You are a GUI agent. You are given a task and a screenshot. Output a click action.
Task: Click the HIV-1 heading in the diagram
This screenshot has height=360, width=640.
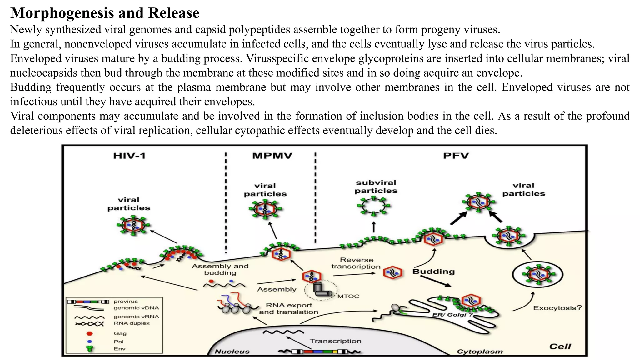pyautogui.click(x=129, y=156)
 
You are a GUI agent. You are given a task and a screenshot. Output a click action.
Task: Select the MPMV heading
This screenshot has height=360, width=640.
pyautogui.click(x=272, y=156)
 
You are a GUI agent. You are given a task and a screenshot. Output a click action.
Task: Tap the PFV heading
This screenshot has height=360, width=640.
pyautogui.click(x=456, y=156)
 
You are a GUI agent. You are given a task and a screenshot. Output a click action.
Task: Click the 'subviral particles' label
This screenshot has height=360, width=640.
pyautogui.click(x=376, y=187)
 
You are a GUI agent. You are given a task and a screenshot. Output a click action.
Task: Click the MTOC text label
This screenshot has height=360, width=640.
pyautogui.click(x=348, y=296)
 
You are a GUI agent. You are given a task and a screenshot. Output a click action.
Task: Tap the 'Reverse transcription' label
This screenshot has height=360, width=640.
pyautogui.click(x=356, y=263)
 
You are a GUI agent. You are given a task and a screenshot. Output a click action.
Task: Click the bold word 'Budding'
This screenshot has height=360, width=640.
pyautogui.click(x=433, y=272)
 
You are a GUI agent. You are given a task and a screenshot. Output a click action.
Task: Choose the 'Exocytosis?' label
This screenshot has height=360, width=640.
pyautogui.click(x=557, y=308)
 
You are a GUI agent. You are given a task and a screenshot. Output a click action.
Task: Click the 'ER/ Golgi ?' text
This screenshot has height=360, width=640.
pyautogui.click(x=452, y=315)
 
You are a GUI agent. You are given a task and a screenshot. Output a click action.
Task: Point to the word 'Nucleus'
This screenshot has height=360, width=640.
pyautogui.click(x=232, y=352)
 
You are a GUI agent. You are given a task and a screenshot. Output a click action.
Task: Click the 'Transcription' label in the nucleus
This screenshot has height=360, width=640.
pyautogui.click(x=335, y=341)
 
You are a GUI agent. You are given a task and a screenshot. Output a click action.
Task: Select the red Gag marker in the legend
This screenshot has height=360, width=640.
pyautogui.click(x=90, y=333)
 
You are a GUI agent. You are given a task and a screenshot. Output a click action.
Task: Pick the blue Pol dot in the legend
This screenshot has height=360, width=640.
pyautogui.click(x=90, y=342)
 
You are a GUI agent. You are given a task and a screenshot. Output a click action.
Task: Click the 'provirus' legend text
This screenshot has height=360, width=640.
pyautogui.click(x=126, y=302)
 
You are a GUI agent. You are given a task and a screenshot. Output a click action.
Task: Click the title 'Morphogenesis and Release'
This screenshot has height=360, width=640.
pyautogui.click(x=105, y=13)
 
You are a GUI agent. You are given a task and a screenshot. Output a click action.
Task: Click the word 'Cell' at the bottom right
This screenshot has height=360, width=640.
pyautogui.click(x=560, y=347)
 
